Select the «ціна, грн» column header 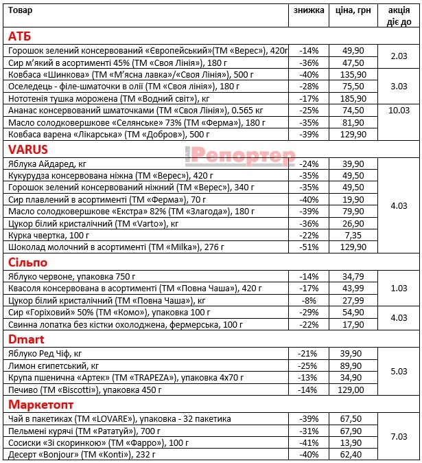(353, 10)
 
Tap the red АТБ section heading (20, 36)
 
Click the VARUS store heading (28, 148)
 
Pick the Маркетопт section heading (39, 404)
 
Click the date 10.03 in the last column (399, 110)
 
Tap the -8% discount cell (309, 300)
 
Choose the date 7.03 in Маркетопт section (399, 436)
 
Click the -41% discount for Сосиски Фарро (309, 443)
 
